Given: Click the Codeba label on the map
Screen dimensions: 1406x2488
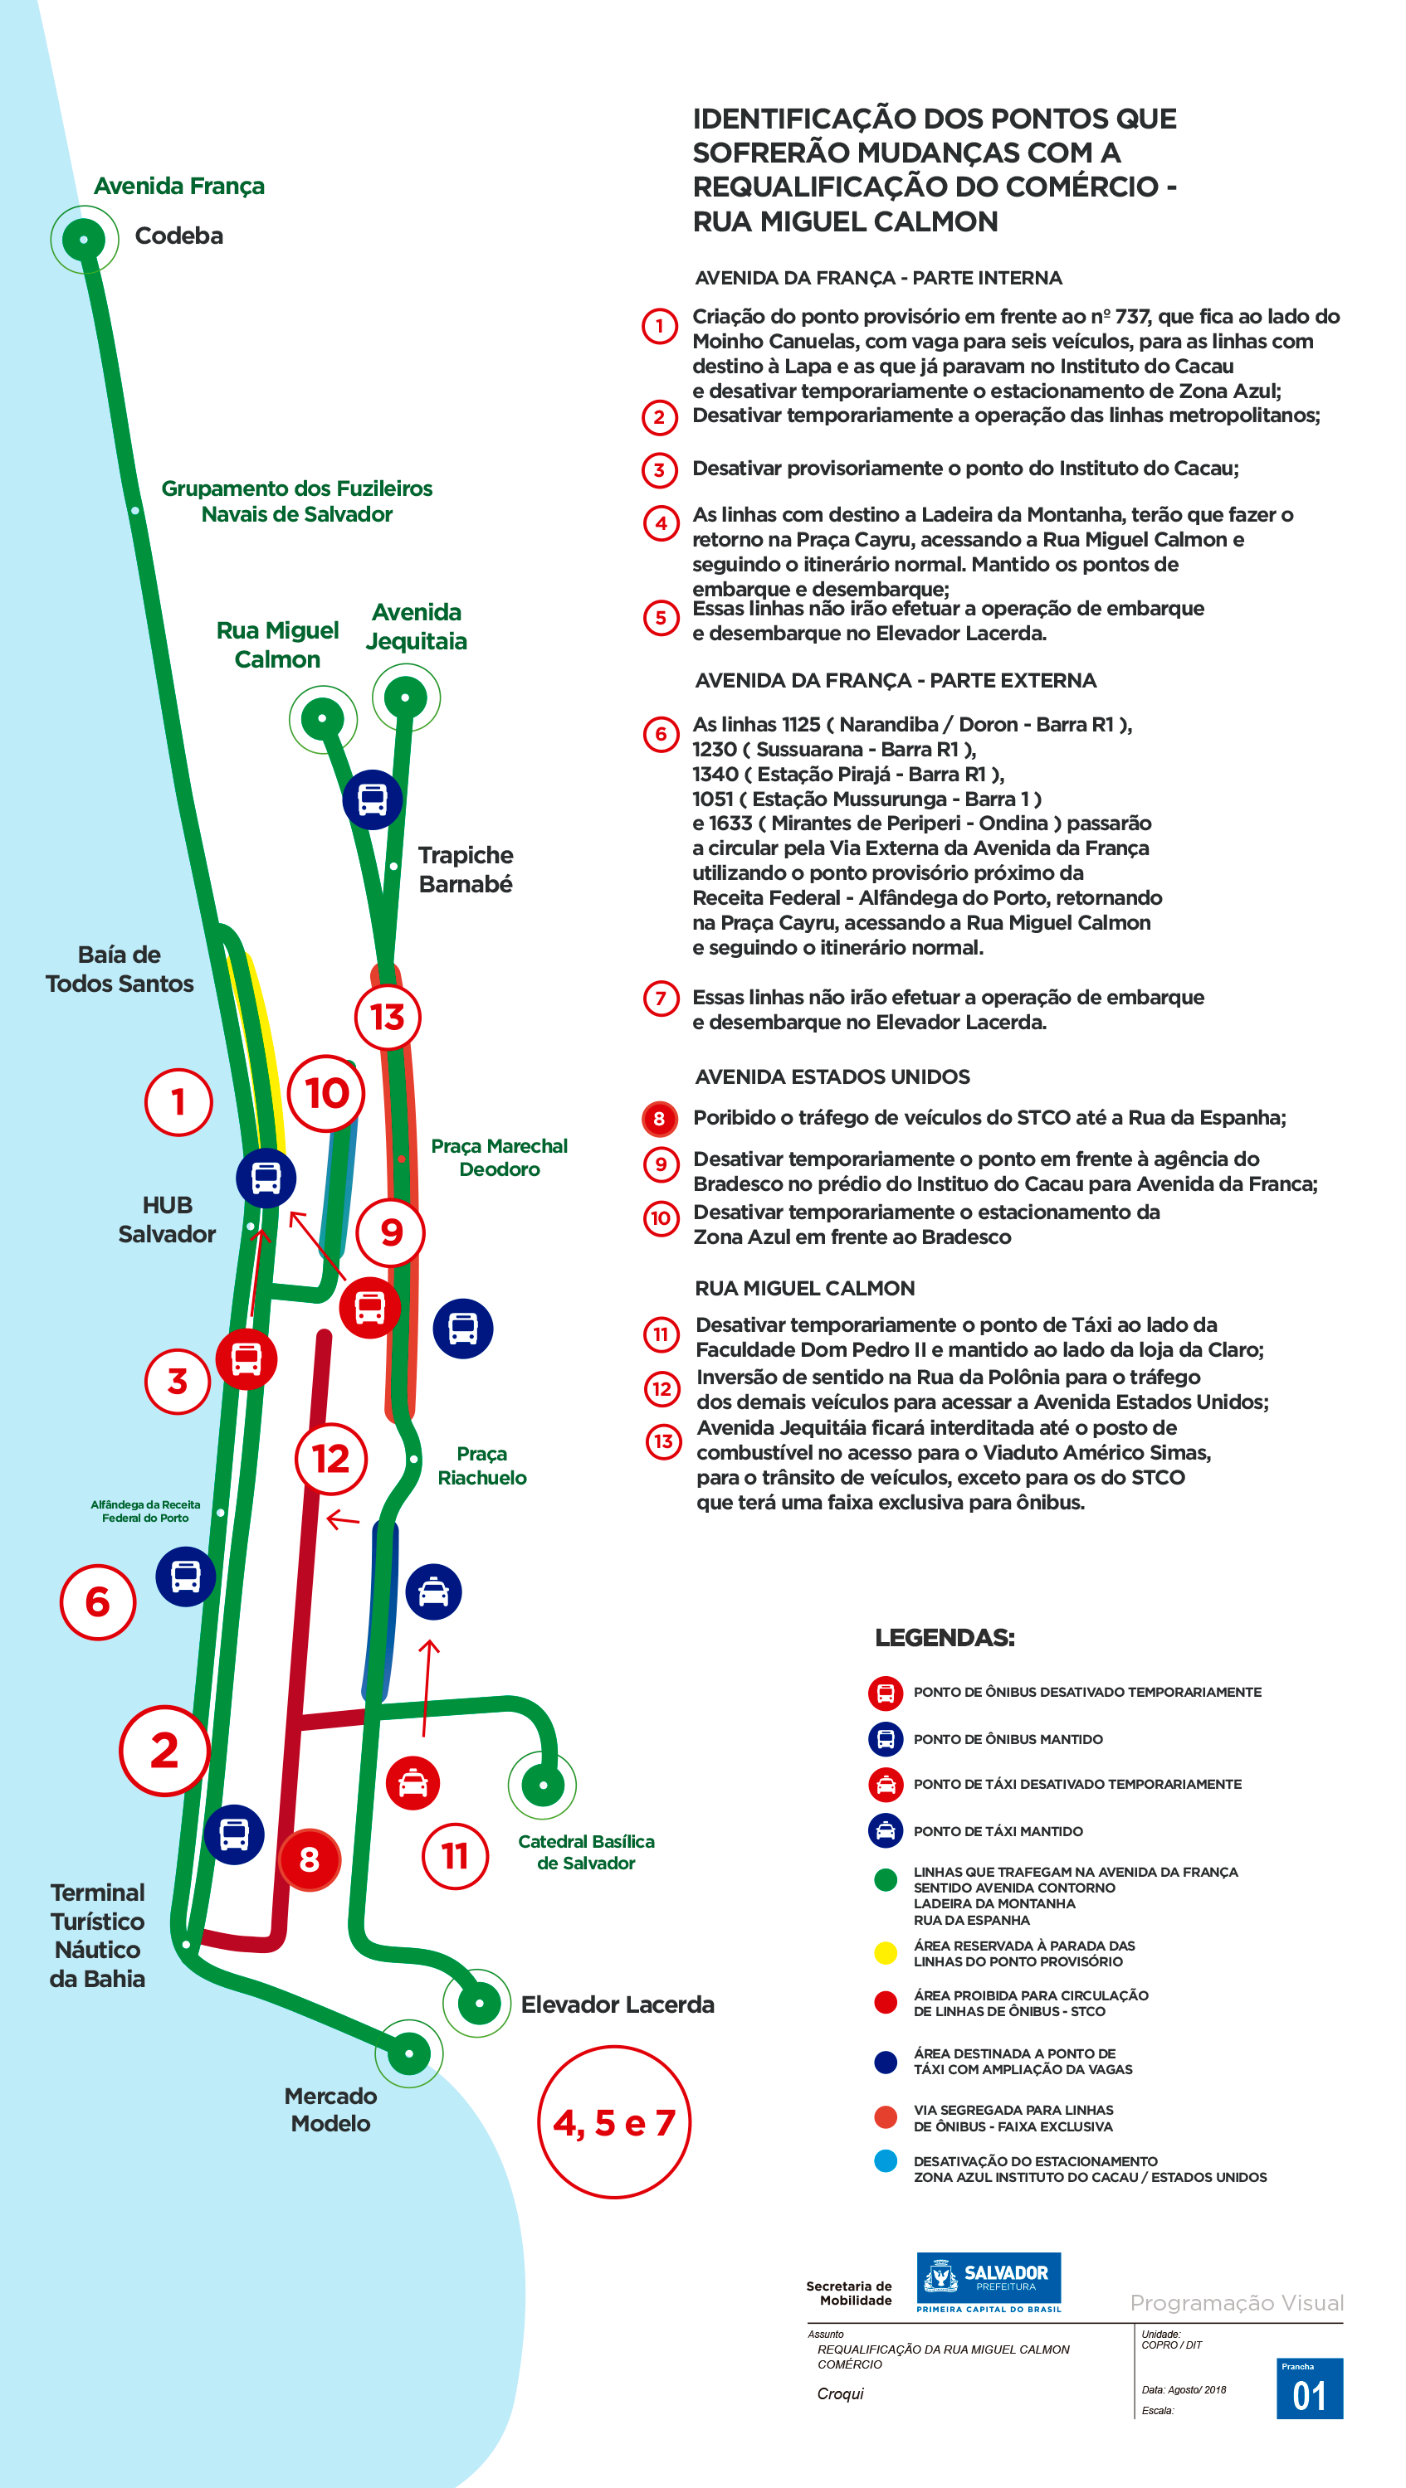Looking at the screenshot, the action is (178, 236).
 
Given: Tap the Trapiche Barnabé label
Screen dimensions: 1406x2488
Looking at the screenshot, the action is (465, 869).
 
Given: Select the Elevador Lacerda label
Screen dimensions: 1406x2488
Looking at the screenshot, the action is (618, 2004).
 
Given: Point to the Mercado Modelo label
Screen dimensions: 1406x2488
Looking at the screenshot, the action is (330, 2109).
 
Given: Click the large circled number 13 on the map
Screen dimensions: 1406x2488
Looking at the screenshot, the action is (388, 1016).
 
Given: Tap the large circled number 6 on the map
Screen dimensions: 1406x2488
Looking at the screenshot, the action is (98, 1601).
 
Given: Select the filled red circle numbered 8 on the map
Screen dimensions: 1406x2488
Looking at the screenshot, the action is (310, 1859).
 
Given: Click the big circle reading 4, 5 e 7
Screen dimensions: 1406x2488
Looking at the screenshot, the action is (614, 2122).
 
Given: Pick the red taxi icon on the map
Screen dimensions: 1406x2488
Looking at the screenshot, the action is (413, 1783).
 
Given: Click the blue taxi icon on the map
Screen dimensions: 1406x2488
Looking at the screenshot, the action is (434, 1591).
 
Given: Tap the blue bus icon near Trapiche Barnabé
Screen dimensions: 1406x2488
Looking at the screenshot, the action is (373, 799).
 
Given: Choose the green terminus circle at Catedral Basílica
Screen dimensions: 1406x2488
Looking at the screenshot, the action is (542, 1785).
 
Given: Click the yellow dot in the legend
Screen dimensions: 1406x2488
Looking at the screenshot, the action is (885, 1953).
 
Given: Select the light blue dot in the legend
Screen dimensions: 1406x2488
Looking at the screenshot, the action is (885, 2160).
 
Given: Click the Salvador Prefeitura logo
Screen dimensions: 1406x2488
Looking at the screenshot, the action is (989, 2282).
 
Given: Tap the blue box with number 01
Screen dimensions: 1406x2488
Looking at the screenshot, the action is (1310, 2388).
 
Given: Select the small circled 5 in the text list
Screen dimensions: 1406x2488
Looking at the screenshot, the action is (661, 618).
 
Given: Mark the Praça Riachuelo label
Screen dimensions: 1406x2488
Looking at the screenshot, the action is (482, 1465).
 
